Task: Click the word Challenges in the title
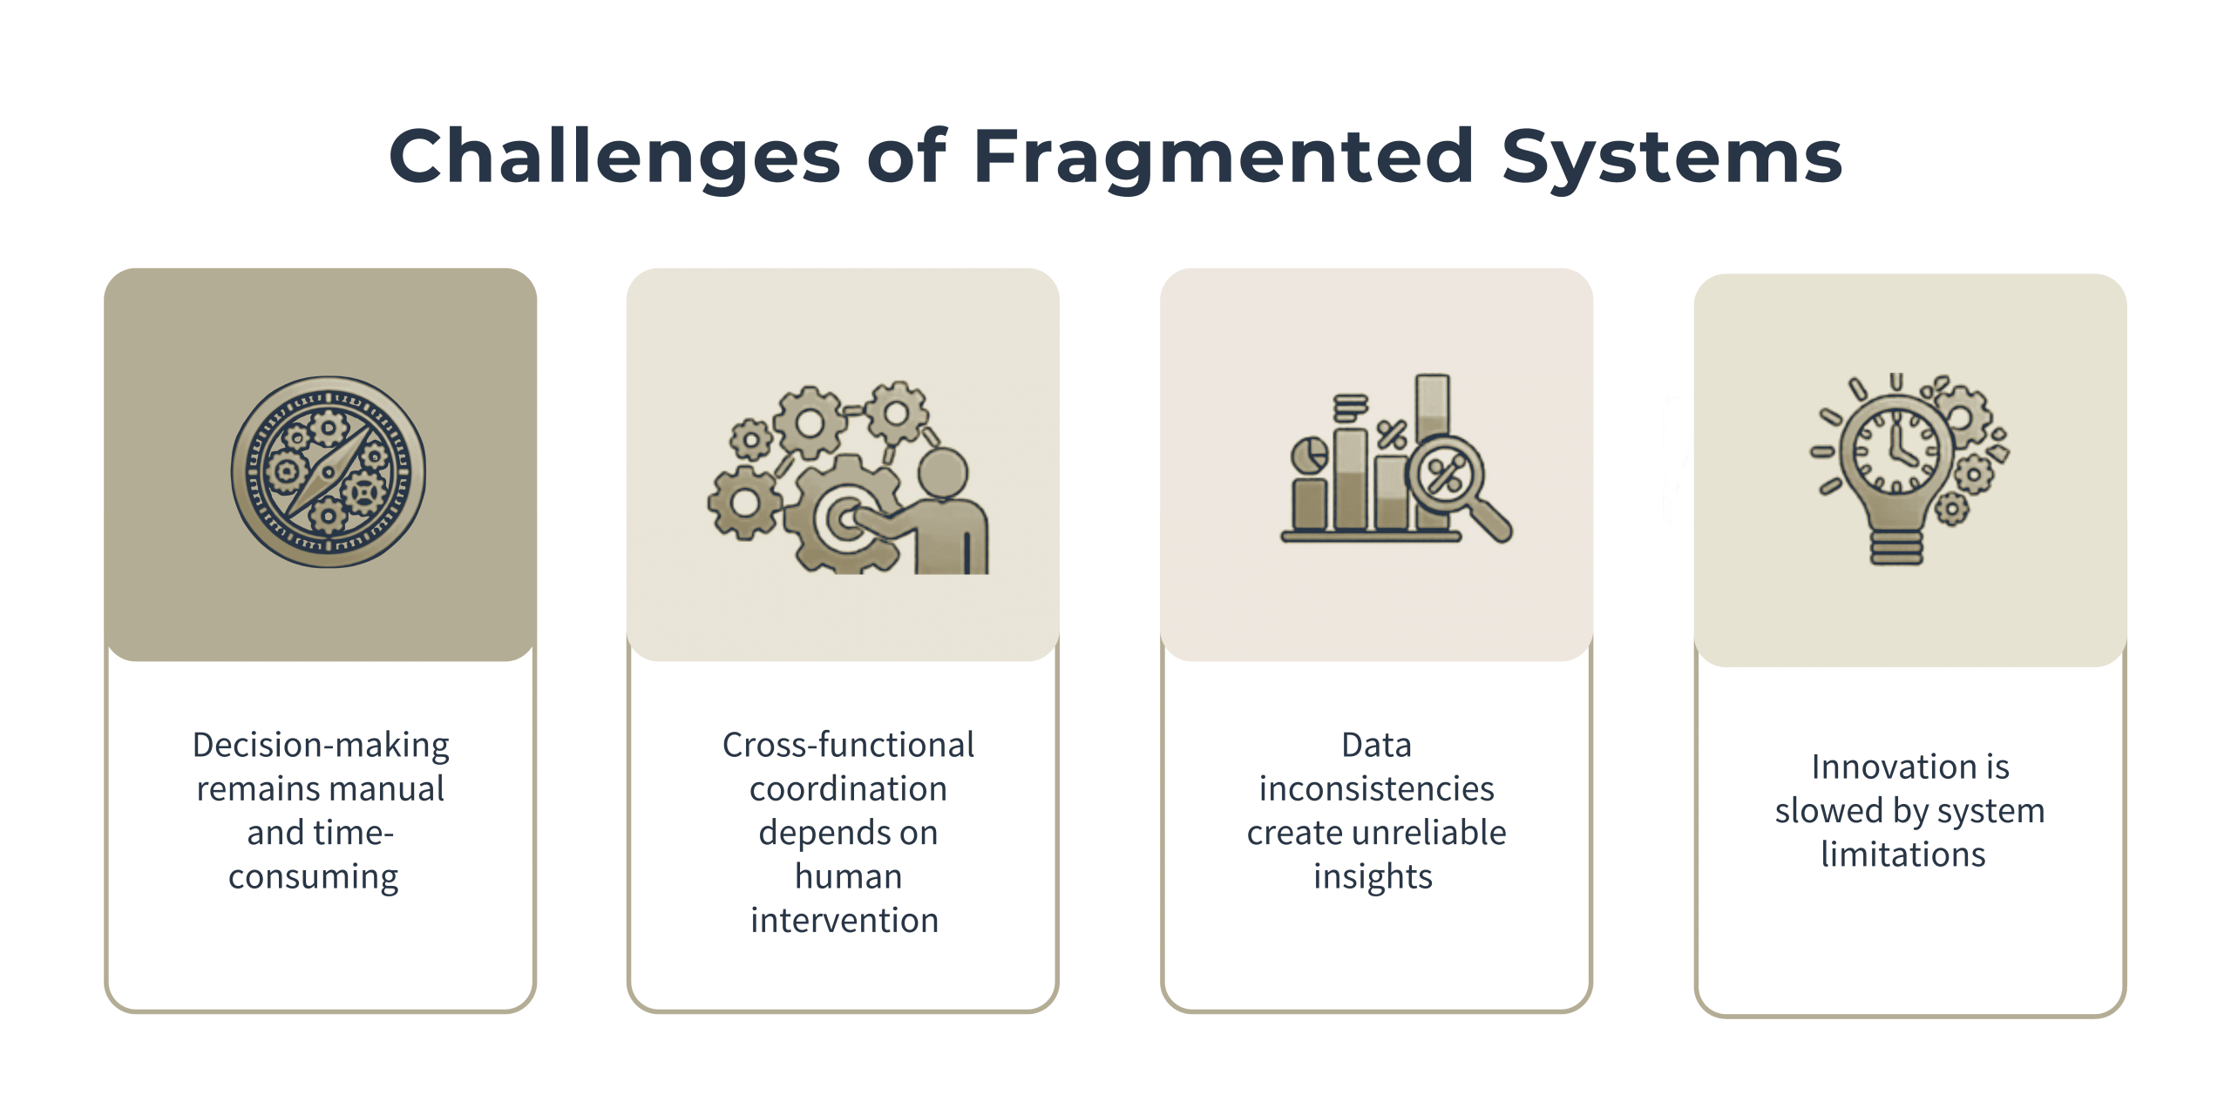[x=614, y=157]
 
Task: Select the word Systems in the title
[x=1672, y=157]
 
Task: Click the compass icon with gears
[x=329, y=472]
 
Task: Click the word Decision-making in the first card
[x=321, y=746]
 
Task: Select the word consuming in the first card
[x=313, y=877]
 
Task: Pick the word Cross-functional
[x=848, y=746]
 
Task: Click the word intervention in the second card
[x=844, y=921]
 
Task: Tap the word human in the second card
[x=848, y=876]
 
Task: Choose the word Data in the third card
[x=1376, y=746]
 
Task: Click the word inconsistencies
[x=1376, y=789]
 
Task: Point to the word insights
[x=1373, y=877]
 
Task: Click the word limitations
[x=1903, y=855]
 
